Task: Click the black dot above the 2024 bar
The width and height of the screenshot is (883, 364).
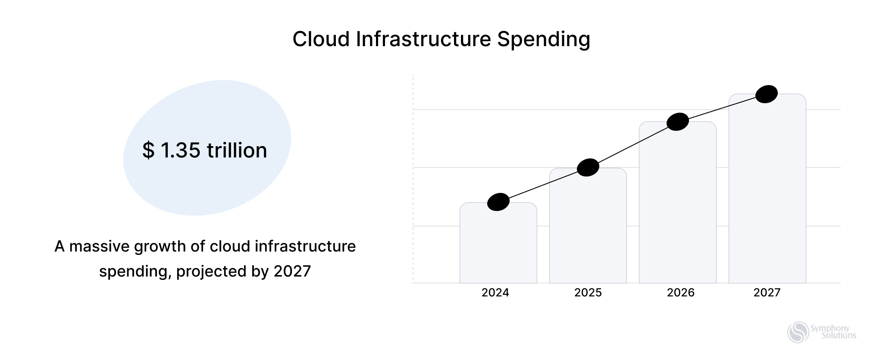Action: (x=498, y=202)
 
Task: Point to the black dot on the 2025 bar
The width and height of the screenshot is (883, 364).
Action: (x=588, y=167)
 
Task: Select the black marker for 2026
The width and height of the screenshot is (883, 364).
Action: (x=678, y=122)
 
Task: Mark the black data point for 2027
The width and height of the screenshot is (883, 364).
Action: (x=767, y=94)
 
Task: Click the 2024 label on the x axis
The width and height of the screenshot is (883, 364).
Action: (x=495, y=293)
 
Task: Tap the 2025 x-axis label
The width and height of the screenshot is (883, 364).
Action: (x=588, y=293)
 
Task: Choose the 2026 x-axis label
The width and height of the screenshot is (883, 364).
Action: (x=680, y=293)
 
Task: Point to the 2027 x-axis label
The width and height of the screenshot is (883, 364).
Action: (x=767, y=293)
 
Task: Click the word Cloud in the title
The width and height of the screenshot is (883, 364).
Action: (x=321, y=39)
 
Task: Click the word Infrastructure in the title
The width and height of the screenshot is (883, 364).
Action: (x=423, y=39)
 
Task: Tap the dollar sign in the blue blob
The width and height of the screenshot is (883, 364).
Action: (x=148, y=151)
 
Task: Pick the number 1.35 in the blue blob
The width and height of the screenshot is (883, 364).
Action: (x=180, y=151)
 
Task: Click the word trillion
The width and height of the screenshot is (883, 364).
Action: (x=237, y=151)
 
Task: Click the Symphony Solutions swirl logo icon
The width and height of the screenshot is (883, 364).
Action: (x=798, y=333)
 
